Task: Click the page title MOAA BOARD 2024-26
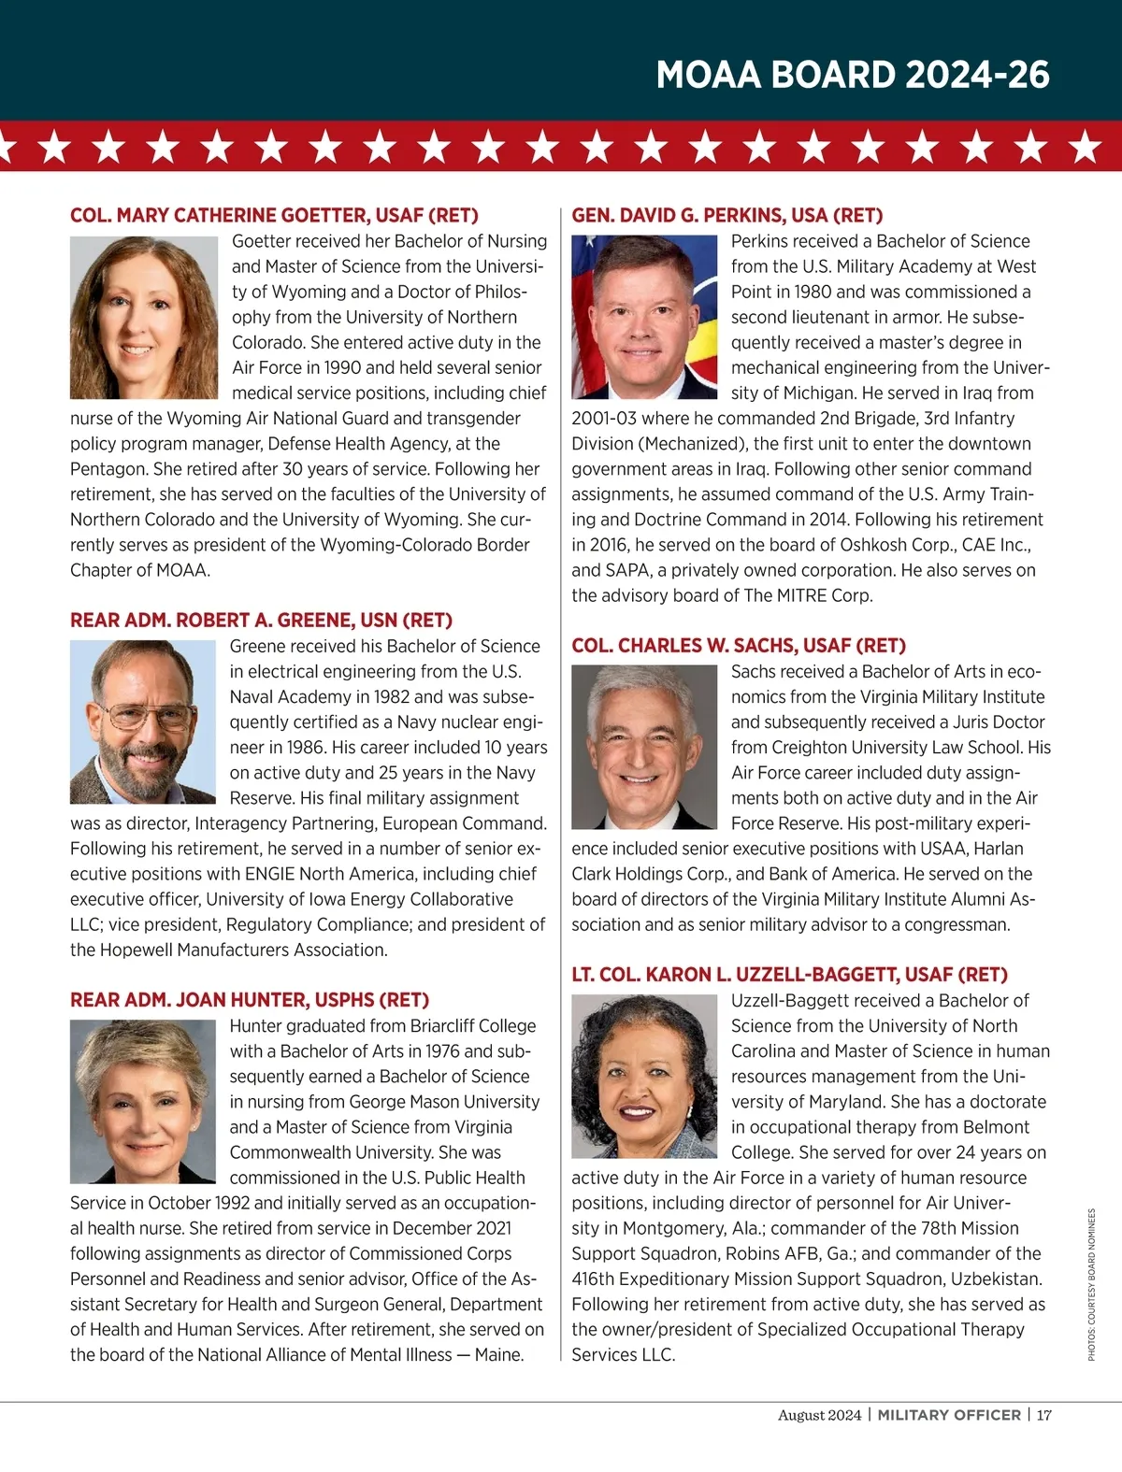(852, 75)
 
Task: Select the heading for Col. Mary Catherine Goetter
(274, 216)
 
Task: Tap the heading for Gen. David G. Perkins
(726, 216)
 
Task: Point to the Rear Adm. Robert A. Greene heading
(261, 621)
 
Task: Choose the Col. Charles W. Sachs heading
(739, 646)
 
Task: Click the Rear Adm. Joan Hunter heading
(250, 1000)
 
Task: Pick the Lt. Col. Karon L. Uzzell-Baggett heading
(789, 975)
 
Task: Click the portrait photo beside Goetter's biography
(144, 318)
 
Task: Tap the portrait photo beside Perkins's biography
(644, 318)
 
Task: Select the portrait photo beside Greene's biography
(143, 722)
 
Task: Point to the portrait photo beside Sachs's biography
(644, 747)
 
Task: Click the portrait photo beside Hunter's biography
(143, 1101)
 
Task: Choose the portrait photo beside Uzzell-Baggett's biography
(644, 1076)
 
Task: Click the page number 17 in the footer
(1043, 1415)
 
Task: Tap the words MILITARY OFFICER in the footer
(948, 1415)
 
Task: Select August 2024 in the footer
(819, 1415)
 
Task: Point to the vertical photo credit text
(1091, 1284)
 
